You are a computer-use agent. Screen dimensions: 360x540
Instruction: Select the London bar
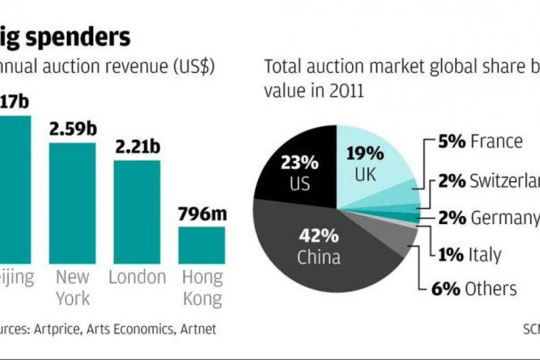[x=137, y=212]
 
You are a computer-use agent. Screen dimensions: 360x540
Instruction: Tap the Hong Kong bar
[x=201, y=245]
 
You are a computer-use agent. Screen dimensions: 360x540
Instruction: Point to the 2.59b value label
[x=73, y=130]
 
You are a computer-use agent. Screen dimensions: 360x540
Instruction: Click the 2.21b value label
[x=137, y=147]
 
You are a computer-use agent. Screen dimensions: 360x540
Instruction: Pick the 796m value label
[x=202, y=214]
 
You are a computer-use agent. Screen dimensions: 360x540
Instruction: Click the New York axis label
[x=73, y=287]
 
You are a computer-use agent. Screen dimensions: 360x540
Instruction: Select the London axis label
[x=137, y=277]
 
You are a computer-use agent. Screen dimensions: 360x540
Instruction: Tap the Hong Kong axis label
[x=202, y=287]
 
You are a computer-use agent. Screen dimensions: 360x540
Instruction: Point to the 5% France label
[x=480, y=141]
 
